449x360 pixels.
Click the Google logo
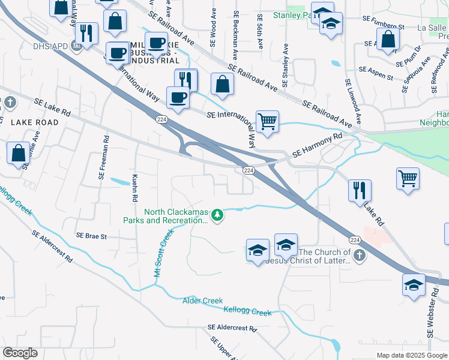coord(20,353)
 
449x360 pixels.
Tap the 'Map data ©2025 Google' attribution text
coord(412,355)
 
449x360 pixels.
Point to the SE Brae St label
coord(91,236)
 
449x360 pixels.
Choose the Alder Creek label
coord(202,301)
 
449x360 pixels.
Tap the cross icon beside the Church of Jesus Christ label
coord(359,256)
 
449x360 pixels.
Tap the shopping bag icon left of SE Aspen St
coord(389,39)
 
